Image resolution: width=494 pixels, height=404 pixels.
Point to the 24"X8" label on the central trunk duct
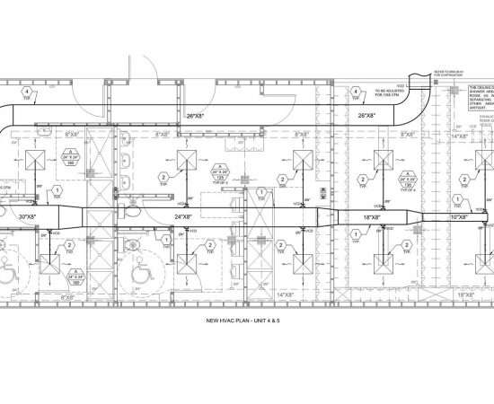(x=185, y=216)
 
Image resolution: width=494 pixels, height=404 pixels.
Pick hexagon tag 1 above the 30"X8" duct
(x=57, y=191)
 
